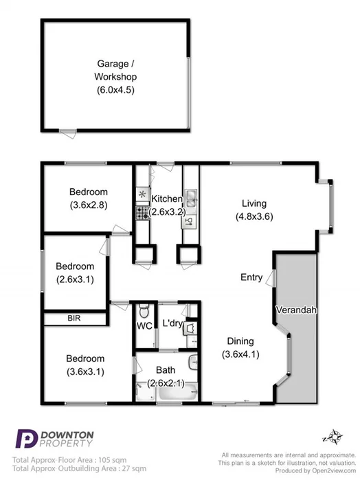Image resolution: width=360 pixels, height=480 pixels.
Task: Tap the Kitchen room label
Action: coord(167,198)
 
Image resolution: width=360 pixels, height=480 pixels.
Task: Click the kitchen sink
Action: coord(190,200)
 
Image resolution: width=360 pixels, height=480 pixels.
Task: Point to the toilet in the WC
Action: coord(142,310)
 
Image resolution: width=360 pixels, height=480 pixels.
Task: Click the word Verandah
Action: coord(296,310)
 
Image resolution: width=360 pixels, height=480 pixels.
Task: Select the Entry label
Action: coord(251,277)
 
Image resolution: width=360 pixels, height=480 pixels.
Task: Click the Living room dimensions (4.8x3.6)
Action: coord(254,216)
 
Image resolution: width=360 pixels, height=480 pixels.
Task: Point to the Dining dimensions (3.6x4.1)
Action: coord(240,354)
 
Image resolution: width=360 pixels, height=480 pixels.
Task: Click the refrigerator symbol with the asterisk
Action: coord(142,194)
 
